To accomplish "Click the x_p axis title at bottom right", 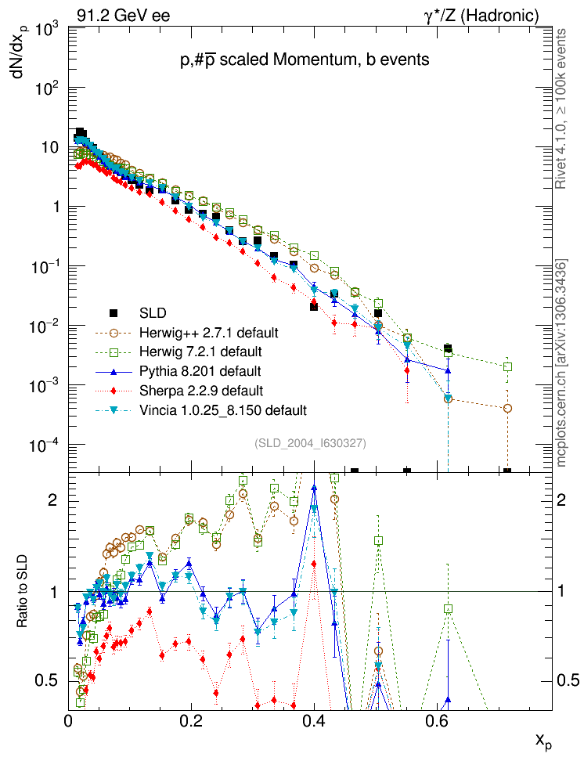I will click(x=543, y=741).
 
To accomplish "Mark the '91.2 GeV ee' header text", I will click(x=124, y=15).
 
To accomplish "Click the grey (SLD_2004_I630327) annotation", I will click(x=311, y=443).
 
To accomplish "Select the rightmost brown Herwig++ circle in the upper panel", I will click(x=507, y=408).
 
